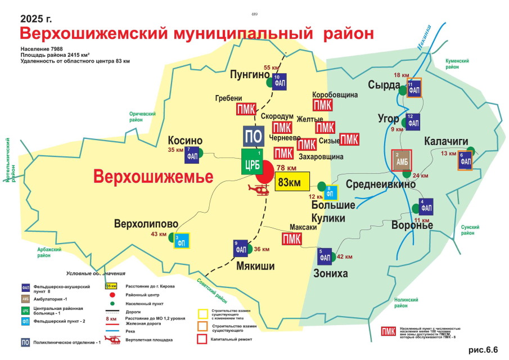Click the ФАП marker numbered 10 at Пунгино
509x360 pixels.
click(x=280, y=82)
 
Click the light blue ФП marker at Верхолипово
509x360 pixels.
click(x=181, y=240)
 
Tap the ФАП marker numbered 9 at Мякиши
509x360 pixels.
click(x=241, y=248)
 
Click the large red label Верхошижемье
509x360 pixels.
click(x=154, y=176)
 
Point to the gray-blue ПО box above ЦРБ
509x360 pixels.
click(x=254, y=136)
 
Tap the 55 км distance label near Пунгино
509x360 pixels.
click(x=271, y=67)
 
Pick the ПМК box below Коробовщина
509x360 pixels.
click(x=322, y=105)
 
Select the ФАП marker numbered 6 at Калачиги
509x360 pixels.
click(x=465, y=160)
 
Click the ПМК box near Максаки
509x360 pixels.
click(x=291, y=238)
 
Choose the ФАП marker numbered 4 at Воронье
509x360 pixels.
click(x=426, y=206)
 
